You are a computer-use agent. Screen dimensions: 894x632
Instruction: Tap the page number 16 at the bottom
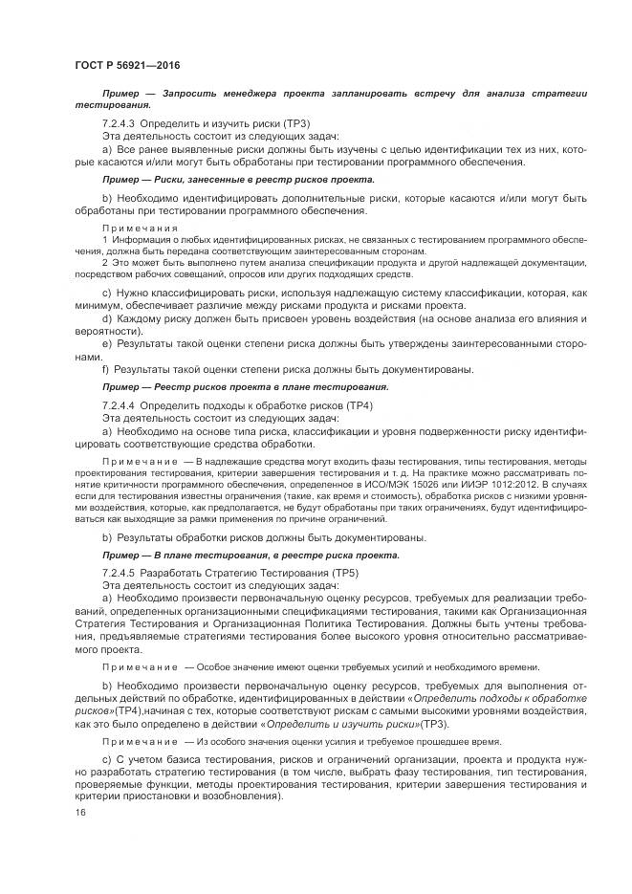click(x=79, y=813)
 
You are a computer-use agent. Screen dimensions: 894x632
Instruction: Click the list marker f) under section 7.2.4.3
click(x=105, y=368)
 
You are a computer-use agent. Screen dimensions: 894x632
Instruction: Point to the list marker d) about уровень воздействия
click(x=106, y=316)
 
